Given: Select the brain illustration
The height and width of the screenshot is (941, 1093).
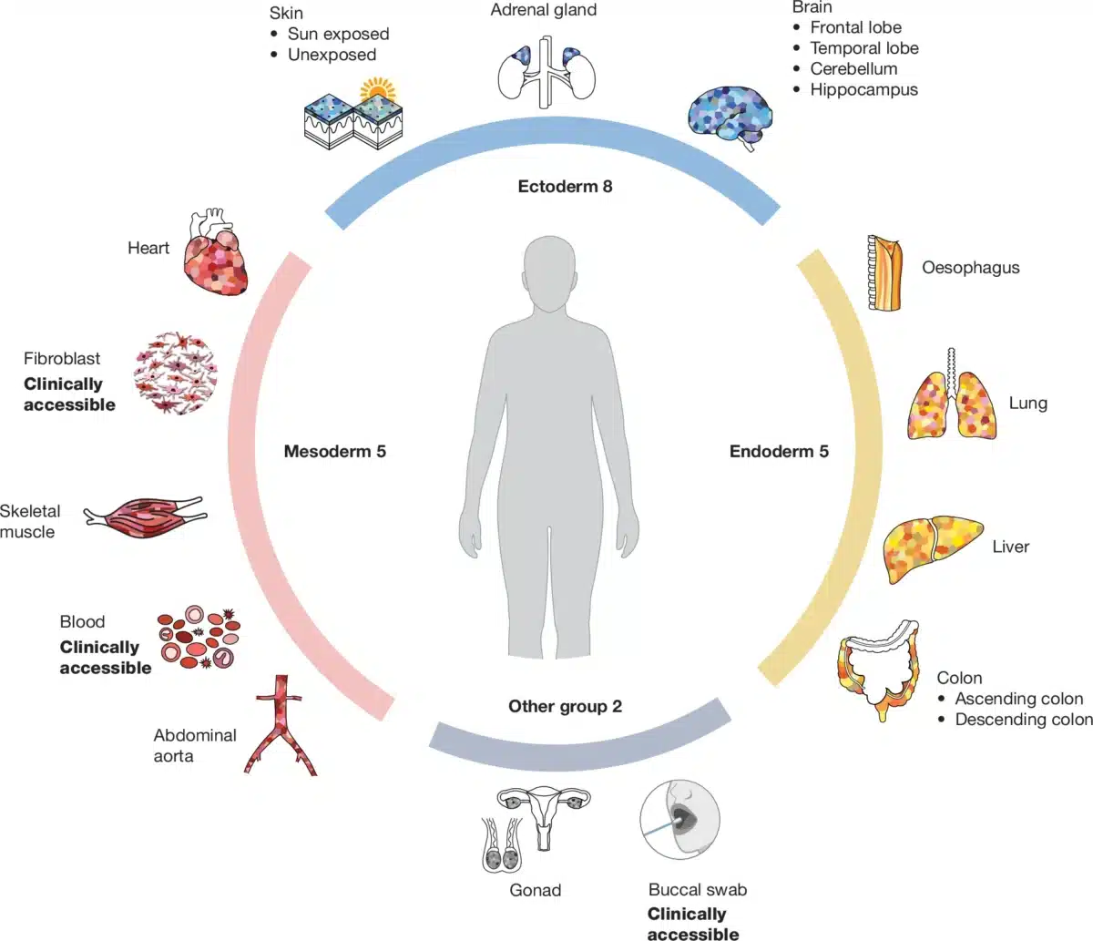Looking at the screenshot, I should (x=730, y=114).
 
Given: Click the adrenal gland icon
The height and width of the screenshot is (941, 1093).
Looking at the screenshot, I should (x=546, y=71).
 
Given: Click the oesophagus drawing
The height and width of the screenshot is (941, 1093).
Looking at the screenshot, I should (x=885, y=272).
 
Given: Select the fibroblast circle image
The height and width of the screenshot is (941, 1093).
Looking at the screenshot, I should (x=175, y=373).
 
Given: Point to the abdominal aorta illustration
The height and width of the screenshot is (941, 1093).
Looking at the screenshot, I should (x=281, y=725).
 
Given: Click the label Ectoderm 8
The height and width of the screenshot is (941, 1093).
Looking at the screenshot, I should (x=565, y=187).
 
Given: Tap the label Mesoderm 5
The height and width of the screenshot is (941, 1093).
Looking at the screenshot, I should (x=334, y=451).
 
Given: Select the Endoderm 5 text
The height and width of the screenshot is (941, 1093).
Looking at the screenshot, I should (x=779, y=451).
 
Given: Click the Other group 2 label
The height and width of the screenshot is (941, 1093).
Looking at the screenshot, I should (x=565, y=706).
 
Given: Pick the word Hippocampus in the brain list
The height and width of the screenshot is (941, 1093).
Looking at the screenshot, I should (x=863, y=89).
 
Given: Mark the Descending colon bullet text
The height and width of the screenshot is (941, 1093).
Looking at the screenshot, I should (x=1023, y=720).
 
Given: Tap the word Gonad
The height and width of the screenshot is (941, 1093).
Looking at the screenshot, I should (x=535, y=890).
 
